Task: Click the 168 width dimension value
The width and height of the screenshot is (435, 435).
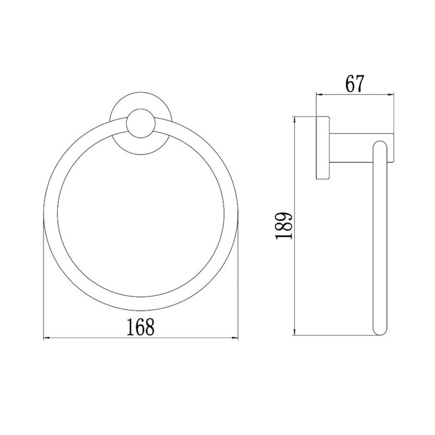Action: pyautogui.click(x=141, y=326)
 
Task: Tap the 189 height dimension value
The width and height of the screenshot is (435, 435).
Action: pyautogui.click(x=284, y=226)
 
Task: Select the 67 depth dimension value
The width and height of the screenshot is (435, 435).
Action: pyautogui.click(x=353, y=84)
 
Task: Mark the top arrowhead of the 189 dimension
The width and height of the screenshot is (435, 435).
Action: pyautogui.click(x=294, y=119)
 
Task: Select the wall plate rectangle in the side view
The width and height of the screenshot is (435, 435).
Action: pyautogui.click(x=322, y=148)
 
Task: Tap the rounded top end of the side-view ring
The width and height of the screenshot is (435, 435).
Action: pyautogui.click(x=378, y=146)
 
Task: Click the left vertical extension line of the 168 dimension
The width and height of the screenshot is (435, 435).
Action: pyautogui.click(x=43, y=283)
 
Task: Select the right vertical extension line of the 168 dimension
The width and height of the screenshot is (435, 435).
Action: pyautogui.click(x=239, y=283)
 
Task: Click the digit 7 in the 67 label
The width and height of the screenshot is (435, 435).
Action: pyautogui.click(x=360, y=84)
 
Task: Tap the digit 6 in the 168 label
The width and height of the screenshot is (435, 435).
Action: pyautogui.click(x=141, y=326)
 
